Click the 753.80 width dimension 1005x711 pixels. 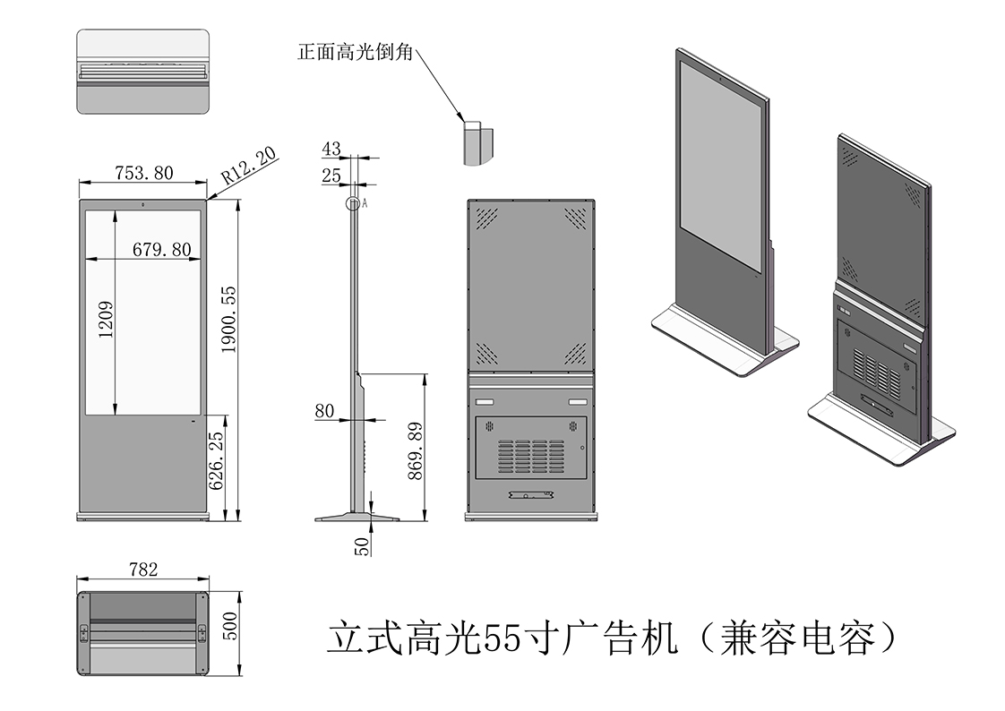click(144, 173)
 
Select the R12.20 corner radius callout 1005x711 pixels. click(249, 166)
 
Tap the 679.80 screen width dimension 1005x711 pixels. click(161, 249)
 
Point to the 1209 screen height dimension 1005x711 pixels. click(106, 318)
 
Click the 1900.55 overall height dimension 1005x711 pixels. click(228, 318)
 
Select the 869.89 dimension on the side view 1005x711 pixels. click(415, 451)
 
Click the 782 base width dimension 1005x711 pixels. click(143, 569)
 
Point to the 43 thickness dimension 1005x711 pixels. click(331, 150)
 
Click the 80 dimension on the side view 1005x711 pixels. click(323, 411)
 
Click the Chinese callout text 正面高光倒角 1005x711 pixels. click(355, 52)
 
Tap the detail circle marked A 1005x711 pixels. click(354, 203)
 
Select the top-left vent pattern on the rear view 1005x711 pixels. click(486, 218)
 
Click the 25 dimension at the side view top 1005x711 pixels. click(331, 176)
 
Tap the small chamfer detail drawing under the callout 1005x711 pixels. click(478, 141)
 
